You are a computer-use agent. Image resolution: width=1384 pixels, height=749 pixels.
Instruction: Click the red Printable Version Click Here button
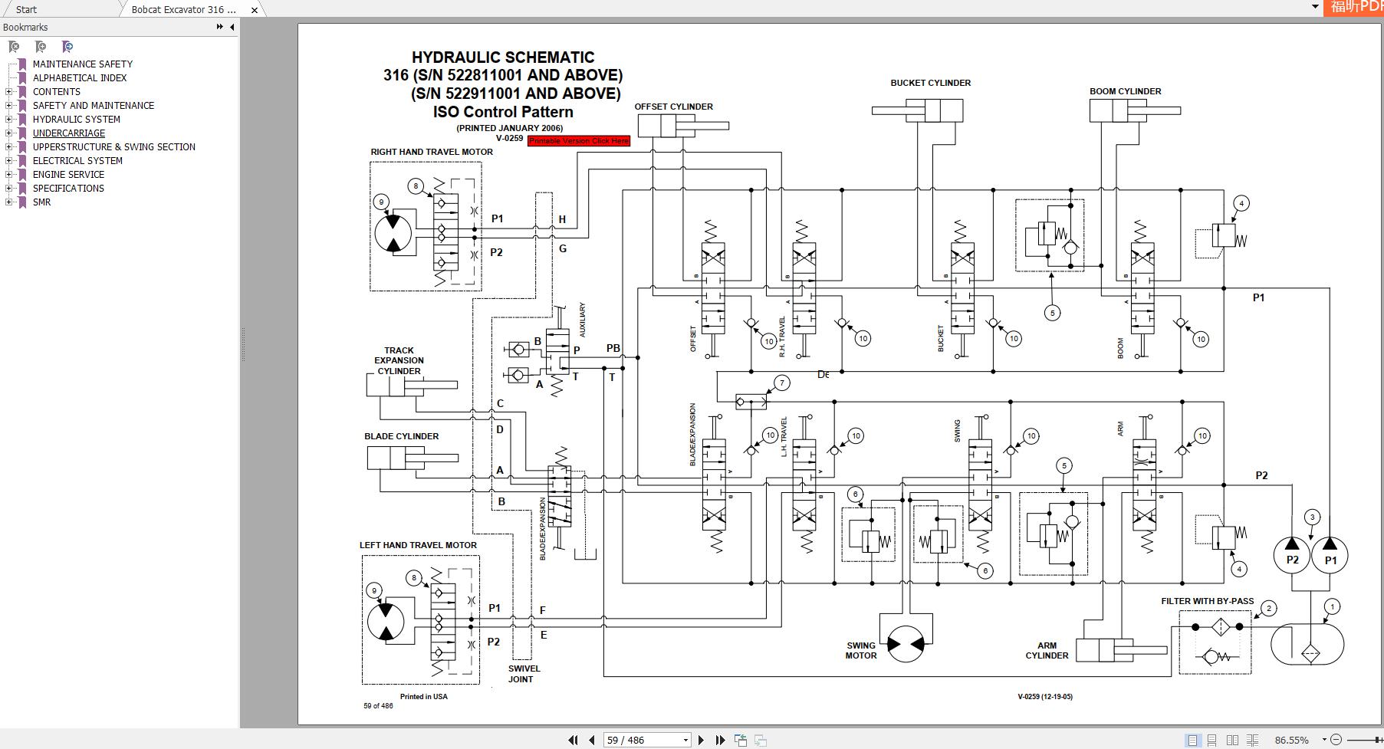[x=579, y=141]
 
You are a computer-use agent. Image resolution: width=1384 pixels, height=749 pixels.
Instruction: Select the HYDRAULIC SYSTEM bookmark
[x=76, y=120]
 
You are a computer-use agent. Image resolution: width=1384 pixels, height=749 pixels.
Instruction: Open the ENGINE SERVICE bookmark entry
[x=68, y=175]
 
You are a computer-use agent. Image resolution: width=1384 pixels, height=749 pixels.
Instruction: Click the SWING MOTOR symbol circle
[x=906, y=645]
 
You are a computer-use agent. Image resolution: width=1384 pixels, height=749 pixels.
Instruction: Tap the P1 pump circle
[x=1330, y=555]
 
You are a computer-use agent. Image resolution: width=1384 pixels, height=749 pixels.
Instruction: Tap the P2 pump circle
[x=1292, y=555]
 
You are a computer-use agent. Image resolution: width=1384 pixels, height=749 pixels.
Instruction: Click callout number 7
[x=781, y=383]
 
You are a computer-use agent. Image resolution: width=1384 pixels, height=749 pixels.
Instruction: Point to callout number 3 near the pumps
[x=1312, y=517]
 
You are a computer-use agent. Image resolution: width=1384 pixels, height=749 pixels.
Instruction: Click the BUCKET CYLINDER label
[x=930, y=83]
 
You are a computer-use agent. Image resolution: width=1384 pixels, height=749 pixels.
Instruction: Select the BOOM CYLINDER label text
[x=1125, y=91]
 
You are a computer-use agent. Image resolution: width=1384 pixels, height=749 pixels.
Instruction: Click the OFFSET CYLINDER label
[x=673, y=107]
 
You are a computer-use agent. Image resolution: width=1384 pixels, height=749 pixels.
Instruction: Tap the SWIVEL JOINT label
[x=524, y=673]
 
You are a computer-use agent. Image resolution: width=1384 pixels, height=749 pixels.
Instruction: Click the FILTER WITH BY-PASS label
[x=1207, y=601]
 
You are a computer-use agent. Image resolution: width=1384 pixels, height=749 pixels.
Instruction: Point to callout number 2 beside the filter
[x=1269, y=608]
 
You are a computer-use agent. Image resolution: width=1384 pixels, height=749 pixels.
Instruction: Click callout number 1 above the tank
[x=1332, y=606]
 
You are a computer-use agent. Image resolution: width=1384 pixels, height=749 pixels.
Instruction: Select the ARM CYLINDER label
[x=1047, y=650]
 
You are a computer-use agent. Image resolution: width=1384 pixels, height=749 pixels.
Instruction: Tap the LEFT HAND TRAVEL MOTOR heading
[x=418, y=545]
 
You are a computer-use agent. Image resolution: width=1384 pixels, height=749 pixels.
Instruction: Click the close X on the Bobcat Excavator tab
[x=255, y=10]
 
